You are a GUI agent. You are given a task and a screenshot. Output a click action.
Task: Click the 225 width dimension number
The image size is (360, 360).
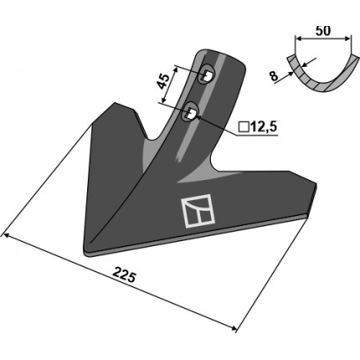(124, 275)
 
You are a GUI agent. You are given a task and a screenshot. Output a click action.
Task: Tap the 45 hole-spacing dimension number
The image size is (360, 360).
(163, 81)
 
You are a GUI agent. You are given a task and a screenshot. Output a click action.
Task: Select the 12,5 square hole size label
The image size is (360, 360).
(264, 127)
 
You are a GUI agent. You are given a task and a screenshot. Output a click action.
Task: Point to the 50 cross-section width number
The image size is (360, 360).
(323, 30)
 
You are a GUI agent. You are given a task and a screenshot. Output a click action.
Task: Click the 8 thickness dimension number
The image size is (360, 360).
(275, 76)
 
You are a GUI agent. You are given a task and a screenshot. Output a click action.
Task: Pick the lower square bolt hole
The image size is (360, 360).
(191, 113)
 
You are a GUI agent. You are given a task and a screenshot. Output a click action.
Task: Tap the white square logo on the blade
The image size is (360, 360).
(198, 211)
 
